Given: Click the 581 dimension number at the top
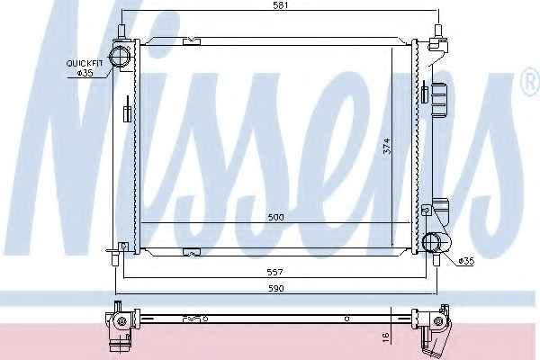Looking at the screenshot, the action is click(x=281, y=5).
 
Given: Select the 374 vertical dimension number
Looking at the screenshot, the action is click(x=387, y=146).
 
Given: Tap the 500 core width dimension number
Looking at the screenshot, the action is click(x=276, y=218).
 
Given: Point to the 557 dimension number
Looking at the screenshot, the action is click(x=275, y=272).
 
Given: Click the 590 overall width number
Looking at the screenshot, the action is click(x=276, y=288).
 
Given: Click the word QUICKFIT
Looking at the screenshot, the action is click(x=85, y=64).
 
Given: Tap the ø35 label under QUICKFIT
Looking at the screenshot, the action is click(x=85, y=73).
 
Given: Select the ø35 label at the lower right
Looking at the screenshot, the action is click(x=466, y=262).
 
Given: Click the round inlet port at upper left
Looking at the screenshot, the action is click(x=119, y=56).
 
